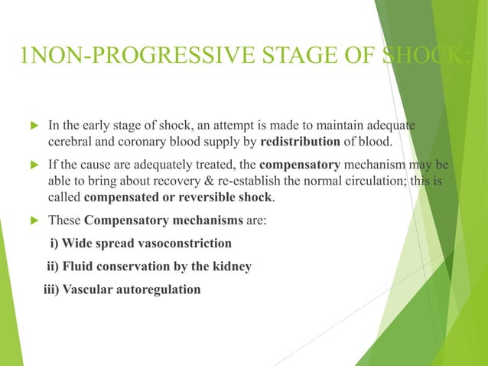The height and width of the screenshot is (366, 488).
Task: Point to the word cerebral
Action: tap(70, 141)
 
